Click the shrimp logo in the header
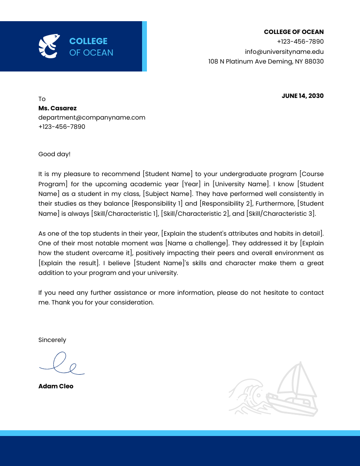[x=49, y=46]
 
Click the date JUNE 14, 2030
[x=302, y=96]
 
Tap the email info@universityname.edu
[x=284, y=52]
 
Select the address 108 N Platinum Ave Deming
[x=266, y=62]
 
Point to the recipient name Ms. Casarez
[x=57, y=108]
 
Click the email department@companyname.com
[x=92, y=117]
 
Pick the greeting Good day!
[x=54, y=154]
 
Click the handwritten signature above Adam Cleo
[x=61, y=364]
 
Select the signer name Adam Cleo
[x=56, y=386]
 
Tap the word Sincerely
[x=52, y=340]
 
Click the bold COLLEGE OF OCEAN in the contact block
[x=293, y=32]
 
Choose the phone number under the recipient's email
[x=62, y=127]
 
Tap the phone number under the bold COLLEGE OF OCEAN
[x=300, y=41]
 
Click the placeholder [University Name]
[x=240, y=184]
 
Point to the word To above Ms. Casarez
[x=42, y=99]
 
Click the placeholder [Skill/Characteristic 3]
[x=280, y=214]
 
